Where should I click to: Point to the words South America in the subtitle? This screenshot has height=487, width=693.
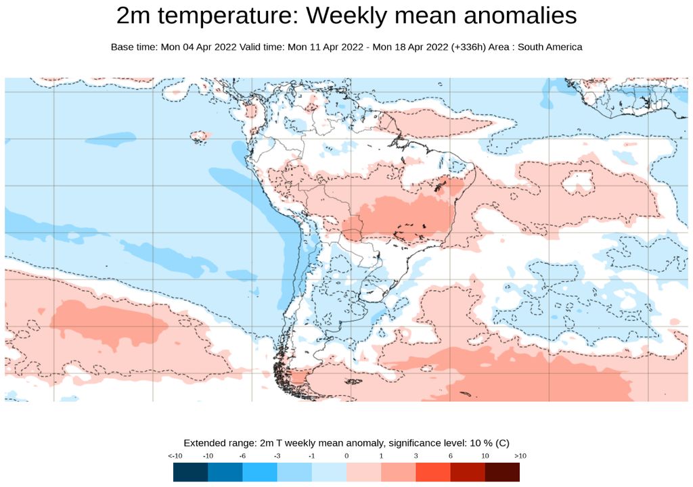(x=550, y=47)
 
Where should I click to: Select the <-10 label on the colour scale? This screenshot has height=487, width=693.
(x=174, y=456)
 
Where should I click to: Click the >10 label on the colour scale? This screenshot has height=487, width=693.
(x=520, y=456)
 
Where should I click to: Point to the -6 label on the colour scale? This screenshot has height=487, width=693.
(x=242, y=456)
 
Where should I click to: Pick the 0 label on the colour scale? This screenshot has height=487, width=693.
(x=346, y=456)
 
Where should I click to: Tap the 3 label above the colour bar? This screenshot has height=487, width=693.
(x=416, y=456)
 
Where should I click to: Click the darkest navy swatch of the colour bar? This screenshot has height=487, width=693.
(x=190, y=471)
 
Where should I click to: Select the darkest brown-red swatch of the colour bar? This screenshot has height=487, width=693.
(x=502, y=471)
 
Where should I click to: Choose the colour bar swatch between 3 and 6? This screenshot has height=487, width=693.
(x=433, y=471)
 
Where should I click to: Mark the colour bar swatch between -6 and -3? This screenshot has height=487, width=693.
(x=260, y=471)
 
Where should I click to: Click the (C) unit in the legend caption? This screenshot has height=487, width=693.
(x=502, y=443)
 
